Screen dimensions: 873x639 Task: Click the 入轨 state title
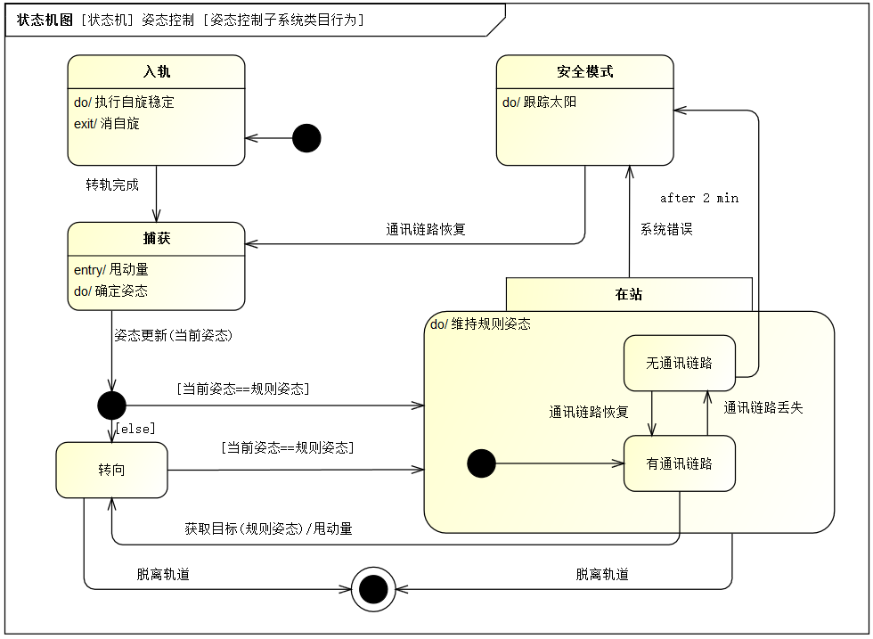(157, 72)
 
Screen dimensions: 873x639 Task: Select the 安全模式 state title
(585, 72)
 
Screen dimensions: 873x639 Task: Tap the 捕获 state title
(157, 239)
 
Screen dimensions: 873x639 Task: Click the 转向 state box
(112, 470)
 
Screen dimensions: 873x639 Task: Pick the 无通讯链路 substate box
(679, 364)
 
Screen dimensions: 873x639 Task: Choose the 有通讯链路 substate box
(679, 463)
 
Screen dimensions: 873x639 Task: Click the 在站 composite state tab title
(629, 294)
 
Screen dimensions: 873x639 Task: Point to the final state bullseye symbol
(373, 589)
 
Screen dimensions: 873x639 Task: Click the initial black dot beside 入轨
(306, 138)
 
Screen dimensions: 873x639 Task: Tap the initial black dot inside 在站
(482, 463)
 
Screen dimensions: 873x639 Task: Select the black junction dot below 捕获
(112, 405)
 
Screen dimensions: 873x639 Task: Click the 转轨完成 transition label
(112, 185)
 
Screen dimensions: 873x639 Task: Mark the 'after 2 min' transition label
(699, 198)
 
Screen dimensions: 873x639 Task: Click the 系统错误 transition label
(666, 229)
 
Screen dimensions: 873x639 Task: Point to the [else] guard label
(135, 429)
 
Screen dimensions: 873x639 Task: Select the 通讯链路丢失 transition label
(763, 408)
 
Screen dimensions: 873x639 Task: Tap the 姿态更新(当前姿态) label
(173, 335)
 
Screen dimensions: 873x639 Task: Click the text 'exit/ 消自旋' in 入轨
(106, 124)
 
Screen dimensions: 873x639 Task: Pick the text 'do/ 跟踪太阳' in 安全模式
(539, 102)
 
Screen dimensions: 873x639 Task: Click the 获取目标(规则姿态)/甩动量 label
(268, 528)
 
